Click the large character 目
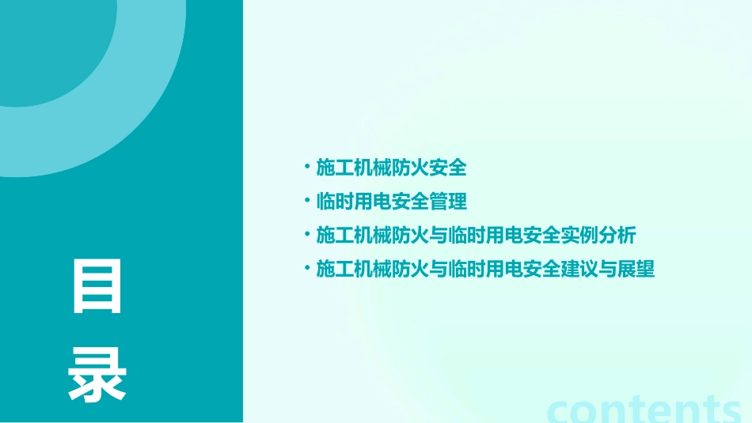pyautogui.click(x=97, y=285)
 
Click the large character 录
pyautogui.click(x=97, y=376)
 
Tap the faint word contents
pyautogui.click(x=644, y=409)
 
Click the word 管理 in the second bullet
pyautogui.click(x=448, y=202)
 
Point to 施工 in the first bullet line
pyautogui.click(x=335, y=168)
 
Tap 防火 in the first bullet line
pyautogui.click(x=410, y=168)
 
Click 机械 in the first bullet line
pyautogui.click(x=373, y=168)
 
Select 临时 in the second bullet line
pyautogui.click(x=335, y=202)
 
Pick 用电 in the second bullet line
pyautogui.click(x=373, y=202)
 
